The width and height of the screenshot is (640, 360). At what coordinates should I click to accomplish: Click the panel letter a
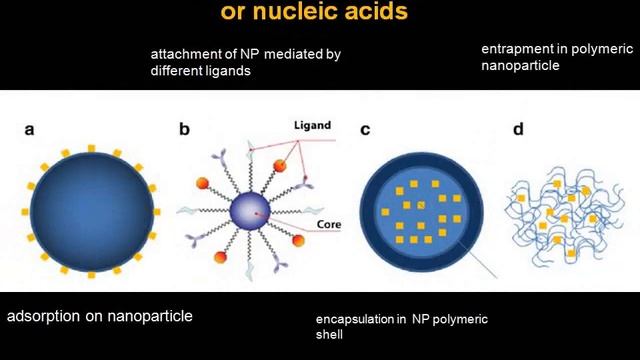(31, 128)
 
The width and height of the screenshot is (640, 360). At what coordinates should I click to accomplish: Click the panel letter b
(184, 128)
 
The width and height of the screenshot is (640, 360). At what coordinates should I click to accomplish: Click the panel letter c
(364, 128)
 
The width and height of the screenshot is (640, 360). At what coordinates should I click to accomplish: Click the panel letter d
(517, 128)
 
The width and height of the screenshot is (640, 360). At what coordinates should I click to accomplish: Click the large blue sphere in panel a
(91, 212)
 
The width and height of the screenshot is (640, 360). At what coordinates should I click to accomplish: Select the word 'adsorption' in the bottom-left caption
(44, 317)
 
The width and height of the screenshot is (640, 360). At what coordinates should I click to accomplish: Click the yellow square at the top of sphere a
(91, 149)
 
